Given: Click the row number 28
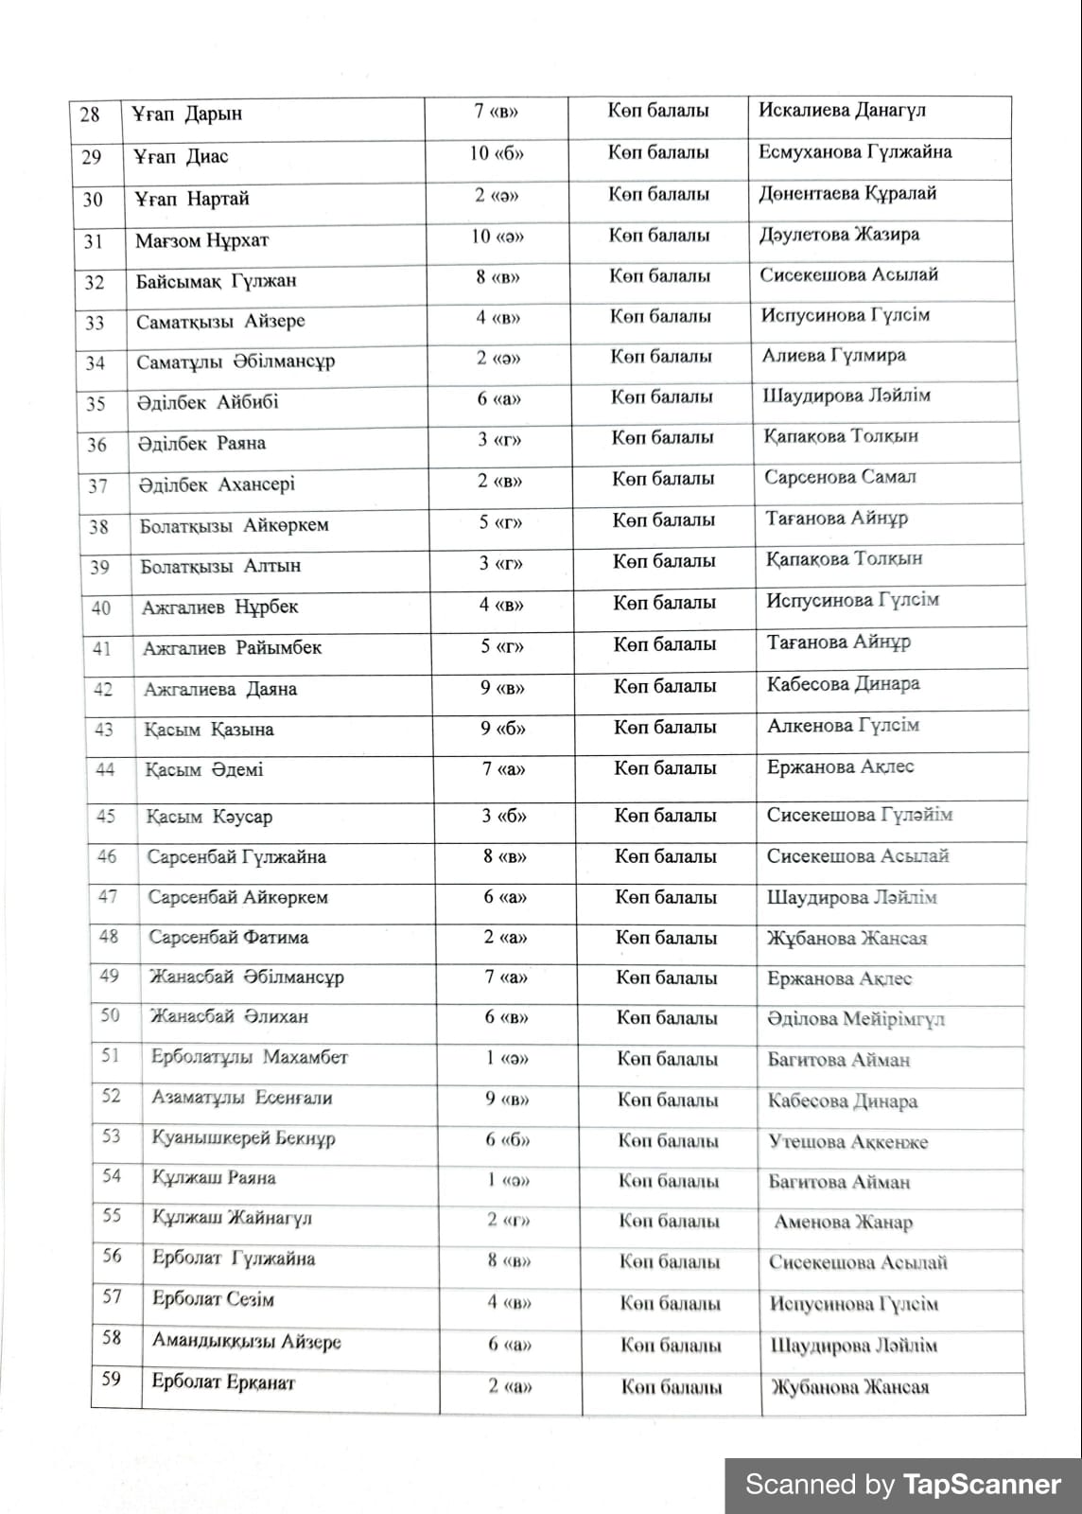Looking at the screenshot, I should (x=90, y=114).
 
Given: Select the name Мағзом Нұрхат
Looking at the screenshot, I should (x=201, y=240).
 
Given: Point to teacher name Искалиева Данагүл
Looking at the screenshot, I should (x=842, y=110).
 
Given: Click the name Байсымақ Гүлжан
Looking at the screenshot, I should (x=216, y=281).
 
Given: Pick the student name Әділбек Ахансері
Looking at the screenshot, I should (x=217, y=484).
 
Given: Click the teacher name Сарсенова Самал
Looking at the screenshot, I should (x=840, y=477).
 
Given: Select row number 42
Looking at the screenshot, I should (x=102, y=690).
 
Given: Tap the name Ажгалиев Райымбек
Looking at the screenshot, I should (x=232, y=648).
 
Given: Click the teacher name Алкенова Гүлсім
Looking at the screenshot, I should (x=843, y=726).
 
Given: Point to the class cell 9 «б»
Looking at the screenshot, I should (x=502, y=728).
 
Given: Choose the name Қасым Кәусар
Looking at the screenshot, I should (x=209, y=817).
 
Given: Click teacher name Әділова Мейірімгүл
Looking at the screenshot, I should (x=856, y=1019).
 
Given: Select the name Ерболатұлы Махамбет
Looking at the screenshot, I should (x=250, y=1057).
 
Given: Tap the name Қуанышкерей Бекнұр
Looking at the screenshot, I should (x=243, y=1137).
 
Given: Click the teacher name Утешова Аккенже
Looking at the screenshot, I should (x=847, y=1142).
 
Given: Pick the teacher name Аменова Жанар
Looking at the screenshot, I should (x=843, y=1223).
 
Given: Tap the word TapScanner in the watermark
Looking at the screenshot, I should (x=982, y=1485).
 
